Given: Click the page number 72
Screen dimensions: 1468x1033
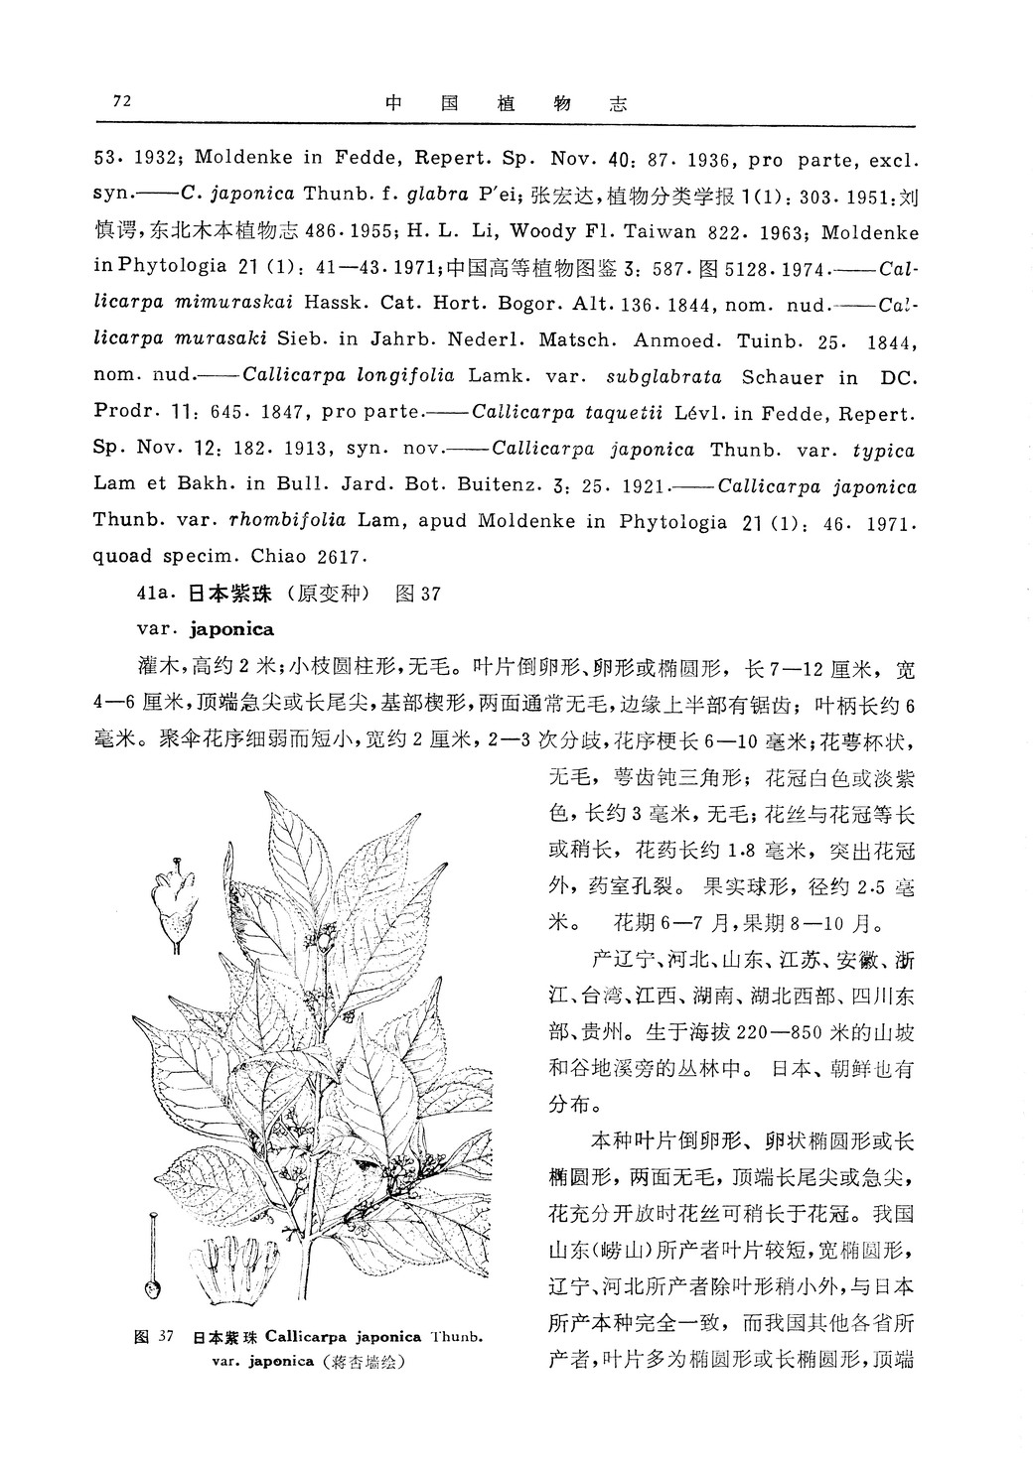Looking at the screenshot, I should tap(123, 100).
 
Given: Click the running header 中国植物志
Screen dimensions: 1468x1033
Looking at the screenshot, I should tap(506, 103).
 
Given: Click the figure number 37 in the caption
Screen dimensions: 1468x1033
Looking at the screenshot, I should tap(166, 1337).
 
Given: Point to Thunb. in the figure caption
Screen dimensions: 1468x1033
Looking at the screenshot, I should tap(459, 1337).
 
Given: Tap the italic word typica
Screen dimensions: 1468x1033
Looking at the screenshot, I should tap(883, 449).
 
